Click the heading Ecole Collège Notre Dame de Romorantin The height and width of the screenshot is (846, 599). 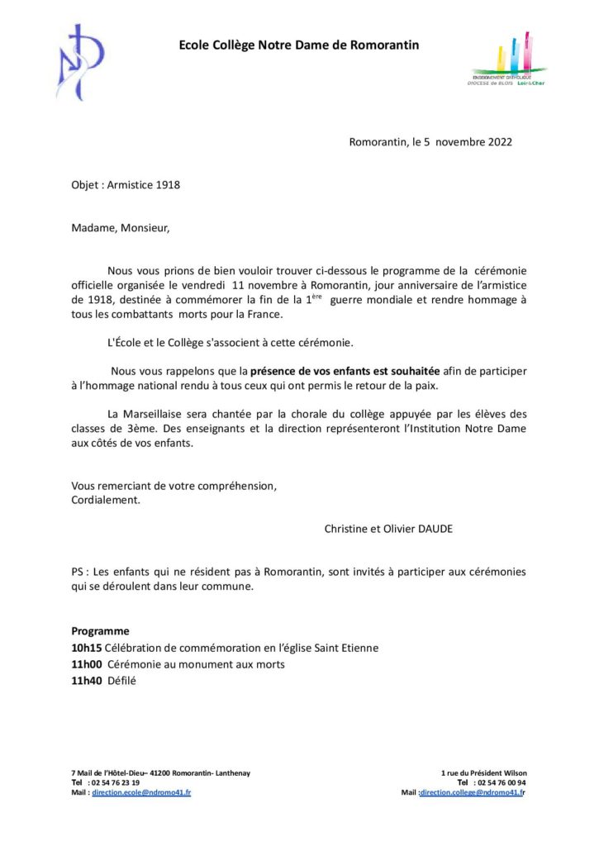coord(299,45)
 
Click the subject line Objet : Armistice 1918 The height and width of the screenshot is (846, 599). coord(126,185)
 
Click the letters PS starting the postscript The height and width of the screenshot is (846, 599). coord(78,572)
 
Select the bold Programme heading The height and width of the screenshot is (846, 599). coord(100,630)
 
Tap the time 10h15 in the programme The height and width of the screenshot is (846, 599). coord(86,648)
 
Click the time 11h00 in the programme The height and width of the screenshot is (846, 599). coord(86,664)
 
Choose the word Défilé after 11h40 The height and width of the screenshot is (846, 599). coord(121,682)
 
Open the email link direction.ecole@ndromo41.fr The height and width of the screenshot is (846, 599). coord(141,792)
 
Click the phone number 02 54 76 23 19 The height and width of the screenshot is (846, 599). coord(115,782)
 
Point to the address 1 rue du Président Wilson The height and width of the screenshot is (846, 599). coord(484,772)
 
